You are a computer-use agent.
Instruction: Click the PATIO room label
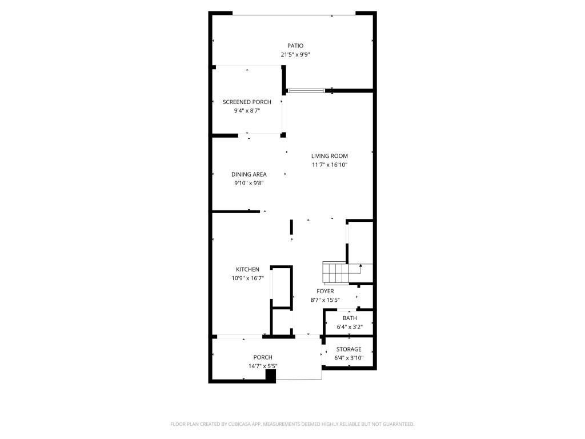[295, 46]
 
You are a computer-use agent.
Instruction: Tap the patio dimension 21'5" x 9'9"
[295, 55]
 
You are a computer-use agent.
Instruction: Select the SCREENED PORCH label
[247, 102]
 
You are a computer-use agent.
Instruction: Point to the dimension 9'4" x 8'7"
[247, 111]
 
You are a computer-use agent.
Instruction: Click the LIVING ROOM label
[330, 155]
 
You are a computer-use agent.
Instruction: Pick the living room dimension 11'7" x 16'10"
[330, 165]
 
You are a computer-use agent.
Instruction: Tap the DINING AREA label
[249, 174]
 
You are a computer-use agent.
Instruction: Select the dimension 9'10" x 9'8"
[249, 183]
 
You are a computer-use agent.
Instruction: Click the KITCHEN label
[248, 269]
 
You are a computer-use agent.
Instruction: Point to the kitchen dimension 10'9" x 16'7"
[248, 278]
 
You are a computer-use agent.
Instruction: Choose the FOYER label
[325, 291]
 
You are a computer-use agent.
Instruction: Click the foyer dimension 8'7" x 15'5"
[325, 300]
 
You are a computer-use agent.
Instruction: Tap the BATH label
[350, 318]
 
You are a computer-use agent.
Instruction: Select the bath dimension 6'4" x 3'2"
[350, 327]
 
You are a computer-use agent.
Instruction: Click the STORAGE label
[348, 349]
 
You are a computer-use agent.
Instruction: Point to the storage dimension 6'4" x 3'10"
[348, 358]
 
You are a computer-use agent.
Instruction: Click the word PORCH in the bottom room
[263, 357]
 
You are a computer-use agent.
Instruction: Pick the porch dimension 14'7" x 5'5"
[263, 366]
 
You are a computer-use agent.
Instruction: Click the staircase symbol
[335, 273]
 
